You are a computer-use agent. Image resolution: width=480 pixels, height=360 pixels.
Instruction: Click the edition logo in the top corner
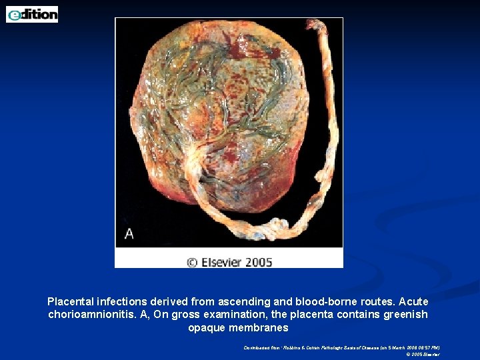32,14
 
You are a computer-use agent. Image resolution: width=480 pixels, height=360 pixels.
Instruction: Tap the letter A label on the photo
129,233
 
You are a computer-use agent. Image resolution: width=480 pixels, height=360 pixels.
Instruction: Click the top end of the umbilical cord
325,25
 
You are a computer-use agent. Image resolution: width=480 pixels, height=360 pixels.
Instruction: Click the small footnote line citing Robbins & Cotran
341,347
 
